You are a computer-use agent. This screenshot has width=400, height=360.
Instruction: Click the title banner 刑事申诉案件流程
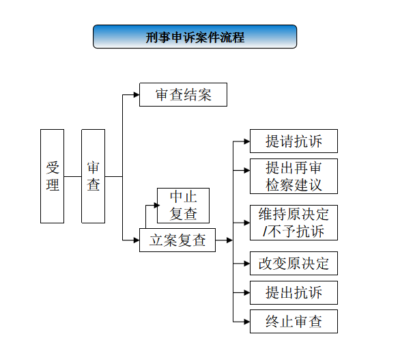(x=195, y=36)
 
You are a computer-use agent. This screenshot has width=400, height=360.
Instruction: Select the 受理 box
(x=53, y=176)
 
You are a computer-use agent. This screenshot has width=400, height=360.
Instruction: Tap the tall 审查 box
(x=93, y=176)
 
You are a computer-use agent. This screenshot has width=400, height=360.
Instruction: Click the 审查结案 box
(x=183, y=94)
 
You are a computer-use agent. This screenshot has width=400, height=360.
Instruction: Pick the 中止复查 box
(x=183, y=206)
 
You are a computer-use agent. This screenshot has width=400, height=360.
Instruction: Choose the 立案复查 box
(x=177, y=240)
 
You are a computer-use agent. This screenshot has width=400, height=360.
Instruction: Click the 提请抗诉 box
(x=294, y=141)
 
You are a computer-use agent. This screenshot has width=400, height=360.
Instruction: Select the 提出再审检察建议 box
(x=294, y=176)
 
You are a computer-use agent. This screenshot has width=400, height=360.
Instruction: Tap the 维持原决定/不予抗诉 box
(x=294, y=223)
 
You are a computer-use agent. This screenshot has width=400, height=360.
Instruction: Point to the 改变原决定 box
(x=294, y=263)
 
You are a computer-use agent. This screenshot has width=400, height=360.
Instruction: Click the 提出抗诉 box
(x=294, y=292)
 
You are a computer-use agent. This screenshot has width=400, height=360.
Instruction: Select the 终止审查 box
(x=294, y=322)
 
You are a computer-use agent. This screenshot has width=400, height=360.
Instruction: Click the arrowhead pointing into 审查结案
(x=137, y=95)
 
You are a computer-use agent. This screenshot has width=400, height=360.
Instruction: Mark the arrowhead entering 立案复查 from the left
(x=137, y=240)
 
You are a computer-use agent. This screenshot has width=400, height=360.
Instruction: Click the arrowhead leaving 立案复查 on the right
(x=229, y=240)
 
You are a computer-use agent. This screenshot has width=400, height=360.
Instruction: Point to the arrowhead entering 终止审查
(x=247, y=322)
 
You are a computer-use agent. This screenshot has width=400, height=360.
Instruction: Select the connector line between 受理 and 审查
(x=73, y=176)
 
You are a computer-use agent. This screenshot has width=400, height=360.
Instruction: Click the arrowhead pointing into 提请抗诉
(x=247, y=141)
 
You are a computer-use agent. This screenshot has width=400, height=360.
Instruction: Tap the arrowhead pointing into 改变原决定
(x=247, y=263)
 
